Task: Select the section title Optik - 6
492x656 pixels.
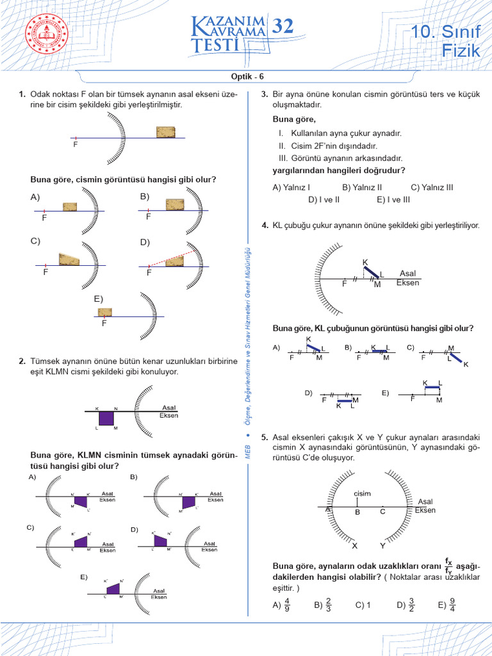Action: (x=246, y=76)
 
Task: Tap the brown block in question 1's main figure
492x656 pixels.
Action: (x=166, y=132)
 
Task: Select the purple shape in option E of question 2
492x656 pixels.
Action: (x=113, y=588)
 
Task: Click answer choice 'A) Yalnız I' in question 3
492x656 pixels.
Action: (x=291, y=188)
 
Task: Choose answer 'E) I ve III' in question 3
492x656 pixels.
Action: (x=393, y=200)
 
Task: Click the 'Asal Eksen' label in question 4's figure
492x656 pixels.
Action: (x=407, y=278)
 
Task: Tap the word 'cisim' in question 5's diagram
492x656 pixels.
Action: (x=362, y=493)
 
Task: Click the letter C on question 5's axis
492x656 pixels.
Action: (x=382, y=512)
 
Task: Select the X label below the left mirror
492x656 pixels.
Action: (x=354, y=546)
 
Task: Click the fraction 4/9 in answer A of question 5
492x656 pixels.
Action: (x=287, y=605)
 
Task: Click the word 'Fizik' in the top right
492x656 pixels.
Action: (x=461, y=51)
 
